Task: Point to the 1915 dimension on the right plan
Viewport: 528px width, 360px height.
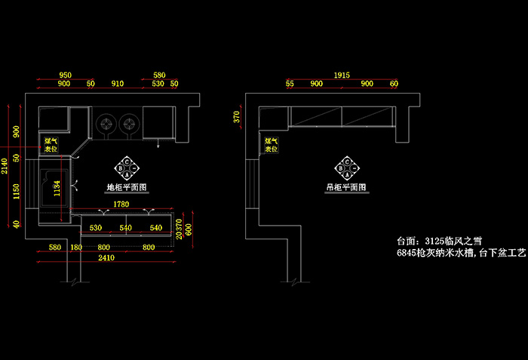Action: coord(342,75)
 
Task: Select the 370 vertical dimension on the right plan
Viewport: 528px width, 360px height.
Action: coord(236,116)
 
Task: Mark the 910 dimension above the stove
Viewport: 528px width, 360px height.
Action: coord(118,84)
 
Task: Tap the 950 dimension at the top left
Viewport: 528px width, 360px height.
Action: coord(65,75)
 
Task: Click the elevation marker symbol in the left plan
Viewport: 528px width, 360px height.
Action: coord(125,167)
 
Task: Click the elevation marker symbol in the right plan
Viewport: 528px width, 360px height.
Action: coord(346,167)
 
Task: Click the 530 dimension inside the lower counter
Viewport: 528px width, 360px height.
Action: coord(96,227)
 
